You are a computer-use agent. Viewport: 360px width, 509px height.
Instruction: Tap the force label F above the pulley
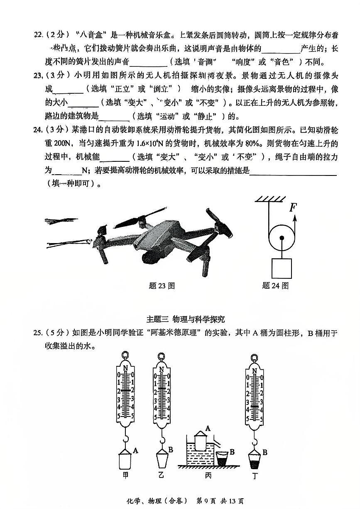point(293,207)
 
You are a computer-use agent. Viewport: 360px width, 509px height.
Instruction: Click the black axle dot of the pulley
point(282,238)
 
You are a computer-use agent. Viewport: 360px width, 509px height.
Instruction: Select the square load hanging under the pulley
point(282,268)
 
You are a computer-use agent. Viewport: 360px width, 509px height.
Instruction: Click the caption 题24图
point(275,285)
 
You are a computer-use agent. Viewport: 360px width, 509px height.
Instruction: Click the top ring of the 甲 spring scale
point(125,356)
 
